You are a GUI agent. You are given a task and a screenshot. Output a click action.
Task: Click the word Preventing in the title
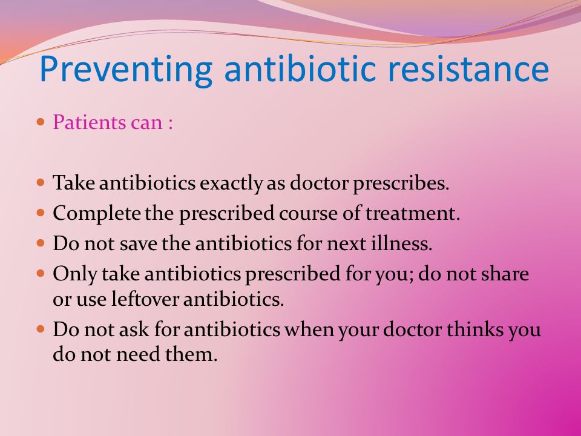126,70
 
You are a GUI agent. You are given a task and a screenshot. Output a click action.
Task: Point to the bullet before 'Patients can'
41,121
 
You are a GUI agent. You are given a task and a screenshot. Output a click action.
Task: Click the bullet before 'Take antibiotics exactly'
41,182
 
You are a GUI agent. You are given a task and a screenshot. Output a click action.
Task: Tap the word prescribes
401,183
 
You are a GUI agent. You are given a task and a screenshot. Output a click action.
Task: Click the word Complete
97,214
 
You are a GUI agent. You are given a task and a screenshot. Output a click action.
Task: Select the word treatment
413,214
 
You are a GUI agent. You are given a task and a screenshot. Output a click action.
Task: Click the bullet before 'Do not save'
41,243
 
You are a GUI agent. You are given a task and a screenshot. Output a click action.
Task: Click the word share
505,274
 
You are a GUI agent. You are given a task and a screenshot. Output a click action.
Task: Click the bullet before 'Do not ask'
41,329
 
